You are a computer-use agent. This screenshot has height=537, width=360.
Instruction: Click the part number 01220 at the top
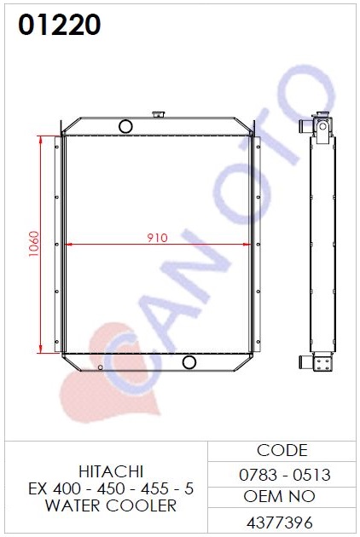click(60, 25)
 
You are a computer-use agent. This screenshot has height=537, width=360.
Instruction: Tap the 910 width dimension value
click(157, 238)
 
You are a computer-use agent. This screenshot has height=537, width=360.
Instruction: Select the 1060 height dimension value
click(33, 244)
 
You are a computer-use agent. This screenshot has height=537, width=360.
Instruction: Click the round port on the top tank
click(125, 126)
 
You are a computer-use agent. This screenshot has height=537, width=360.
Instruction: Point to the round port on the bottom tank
click(189, 362)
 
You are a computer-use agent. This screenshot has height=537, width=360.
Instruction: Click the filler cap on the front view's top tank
click(159, 114)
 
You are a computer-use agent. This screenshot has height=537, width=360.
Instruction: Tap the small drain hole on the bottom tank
click(100, 367)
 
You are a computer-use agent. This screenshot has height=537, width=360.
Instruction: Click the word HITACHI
click(111, 472)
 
